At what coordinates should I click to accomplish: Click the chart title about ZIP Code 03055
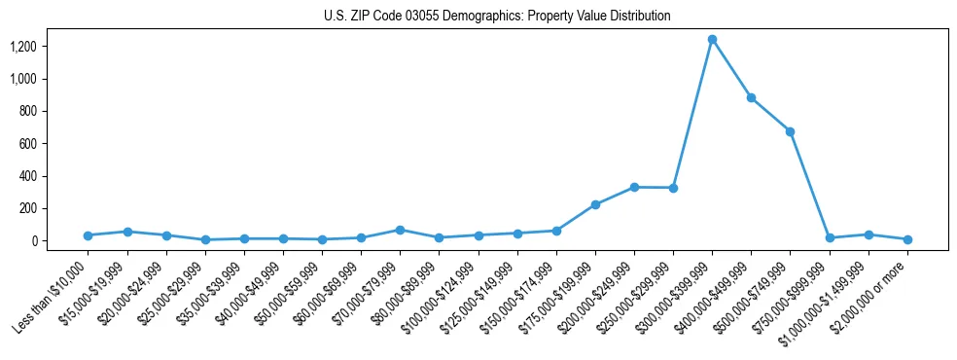pyautogui.click(x=497, y=16)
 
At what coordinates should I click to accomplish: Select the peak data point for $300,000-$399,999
pyautogui.click(x=712, y=40)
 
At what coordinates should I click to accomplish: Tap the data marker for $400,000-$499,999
pyautogui.click(x=751, y=97)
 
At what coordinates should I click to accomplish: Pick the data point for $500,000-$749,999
pyautogui.click(x=790, y=131)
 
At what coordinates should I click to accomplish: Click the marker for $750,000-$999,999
pyautogui.click(x=830, y=238)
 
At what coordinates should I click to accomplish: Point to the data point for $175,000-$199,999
pyautogui.click(x=595, y=204)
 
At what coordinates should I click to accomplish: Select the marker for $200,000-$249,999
pyautogui.click(x=634, y=187)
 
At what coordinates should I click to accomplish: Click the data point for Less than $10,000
pyautogui.click(x=88, y=235)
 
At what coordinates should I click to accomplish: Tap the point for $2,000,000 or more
pyautogui.click(x=907, y=239)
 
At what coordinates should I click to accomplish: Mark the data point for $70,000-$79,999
pyautogui.click(x=400, y=230)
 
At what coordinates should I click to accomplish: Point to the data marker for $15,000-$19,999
pyautogui.click(x=127, y=232)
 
